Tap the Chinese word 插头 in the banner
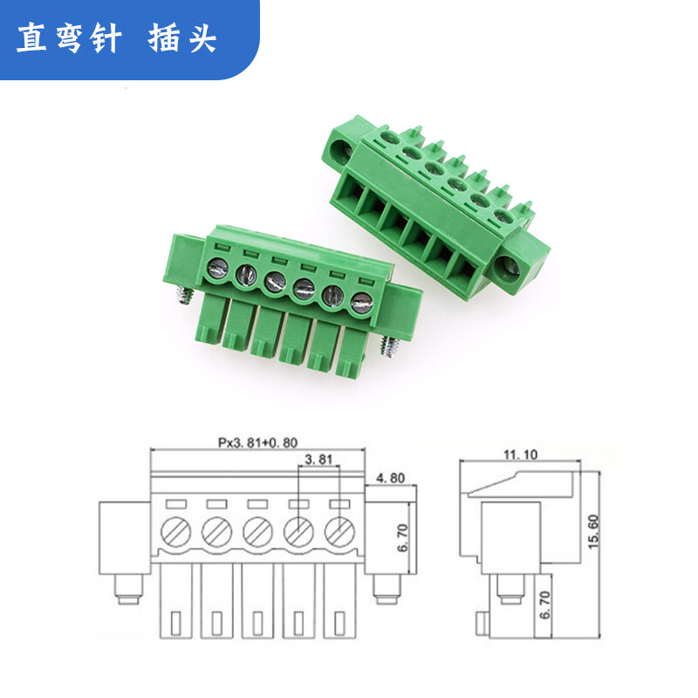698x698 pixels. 182,38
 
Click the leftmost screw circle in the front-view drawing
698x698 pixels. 174,529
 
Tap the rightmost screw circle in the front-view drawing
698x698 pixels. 340,529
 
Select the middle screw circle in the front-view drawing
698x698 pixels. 257,529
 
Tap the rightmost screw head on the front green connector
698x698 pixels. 360,305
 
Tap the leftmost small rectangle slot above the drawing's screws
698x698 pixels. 173,503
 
